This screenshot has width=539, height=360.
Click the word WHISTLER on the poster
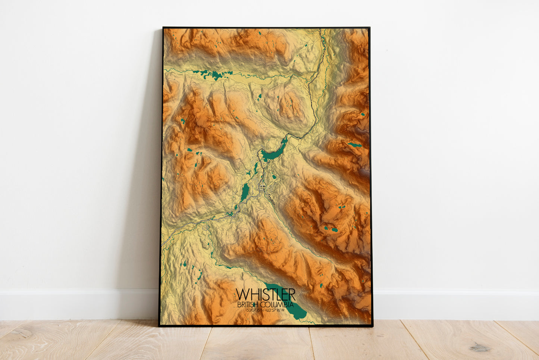(x=266, y=294)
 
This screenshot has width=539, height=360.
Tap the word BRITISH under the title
(x=248, y=305)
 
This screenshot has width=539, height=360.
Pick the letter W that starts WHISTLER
(x=242, y=294)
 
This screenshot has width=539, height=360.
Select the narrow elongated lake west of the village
(x=245, y=192)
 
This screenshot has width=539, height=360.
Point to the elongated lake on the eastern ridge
(x=354, y=144)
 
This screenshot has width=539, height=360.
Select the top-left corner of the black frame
(x=163, y=28)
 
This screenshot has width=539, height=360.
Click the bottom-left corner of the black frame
(x=159, y=326)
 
